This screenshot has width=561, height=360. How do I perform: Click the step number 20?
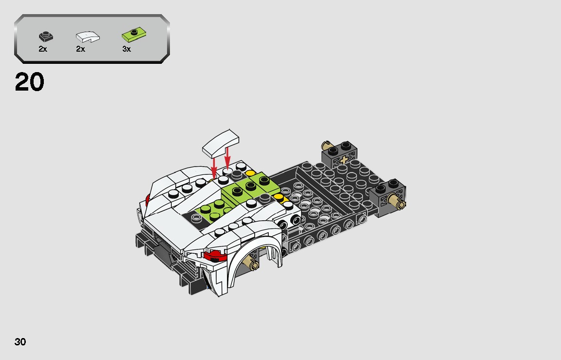30,82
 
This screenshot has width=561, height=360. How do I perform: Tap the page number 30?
20,342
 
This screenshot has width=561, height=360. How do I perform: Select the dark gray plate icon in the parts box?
46,36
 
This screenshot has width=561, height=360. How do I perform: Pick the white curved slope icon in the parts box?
88,36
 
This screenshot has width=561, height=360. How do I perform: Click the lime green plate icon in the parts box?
134,35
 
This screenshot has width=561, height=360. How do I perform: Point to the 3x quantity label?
127,49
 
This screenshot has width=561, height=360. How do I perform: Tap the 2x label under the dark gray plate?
43,49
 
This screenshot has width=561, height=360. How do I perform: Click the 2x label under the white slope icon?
80,49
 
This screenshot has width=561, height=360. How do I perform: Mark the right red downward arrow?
227,157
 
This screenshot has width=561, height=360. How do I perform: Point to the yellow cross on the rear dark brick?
345,160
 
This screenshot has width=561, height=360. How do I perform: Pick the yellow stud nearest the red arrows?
250,173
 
